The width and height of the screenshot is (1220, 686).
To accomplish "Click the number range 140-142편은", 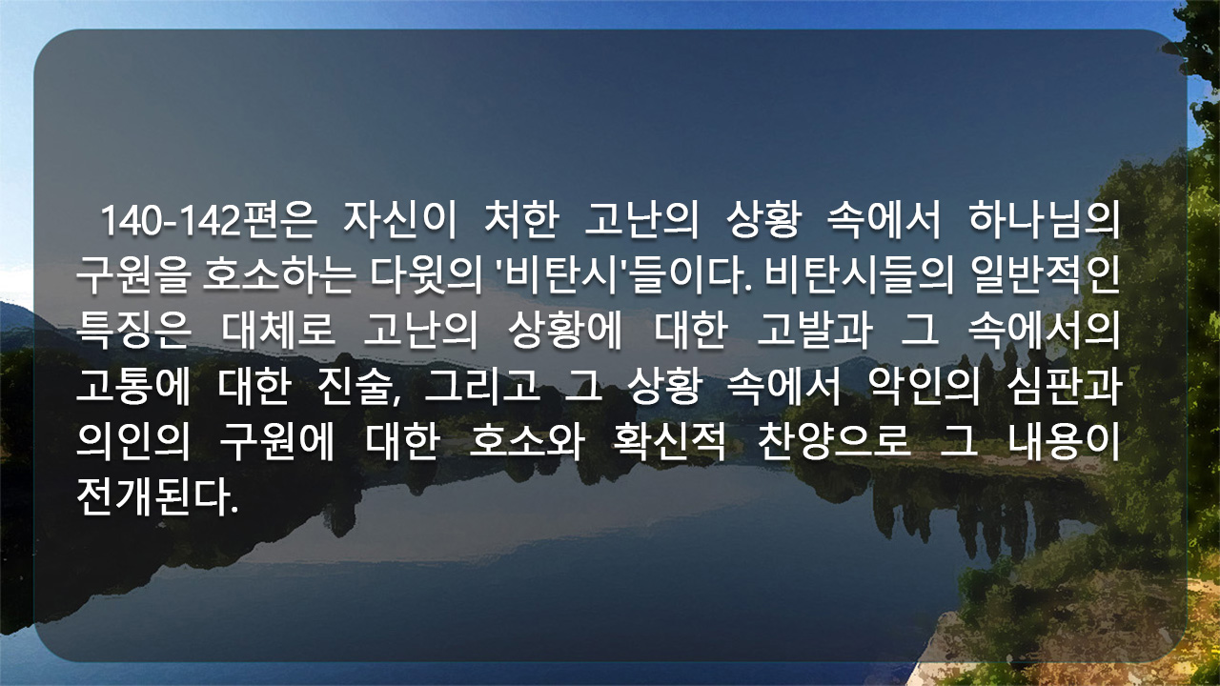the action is coord(209,221).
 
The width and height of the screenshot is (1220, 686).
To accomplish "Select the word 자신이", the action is coord(399,221).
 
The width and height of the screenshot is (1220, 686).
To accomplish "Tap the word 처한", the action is coord(521,221).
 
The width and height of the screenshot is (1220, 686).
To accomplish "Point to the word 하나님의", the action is coord(1044,221).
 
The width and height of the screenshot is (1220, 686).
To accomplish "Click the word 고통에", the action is coord(132,387).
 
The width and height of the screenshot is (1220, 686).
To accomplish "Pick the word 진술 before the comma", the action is coord(356,387).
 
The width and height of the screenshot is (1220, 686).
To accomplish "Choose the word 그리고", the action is coord(482,387).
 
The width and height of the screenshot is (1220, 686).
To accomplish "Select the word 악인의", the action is coord(924,387).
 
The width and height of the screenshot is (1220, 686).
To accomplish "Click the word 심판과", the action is coord(1065,387).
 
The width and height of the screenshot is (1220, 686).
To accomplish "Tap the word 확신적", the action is coord(669,441).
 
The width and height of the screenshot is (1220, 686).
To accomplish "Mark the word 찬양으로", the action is coord(834,441).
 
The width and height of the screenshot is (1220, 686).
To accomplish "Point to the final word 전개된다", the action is coord(157,496).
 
